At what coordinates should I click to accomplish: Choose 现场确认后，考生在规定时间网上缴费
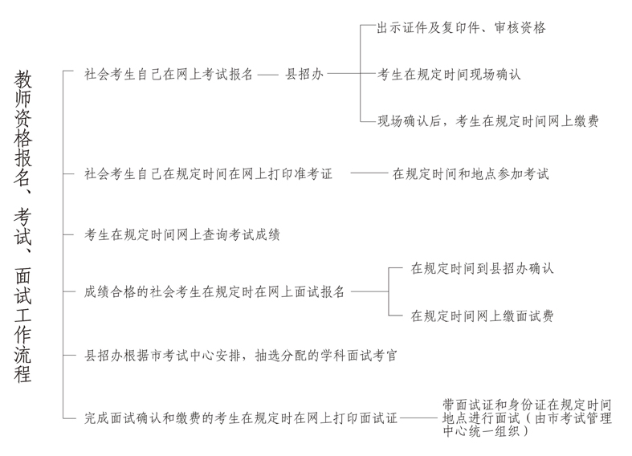pyautogui.click(x=488, y=121)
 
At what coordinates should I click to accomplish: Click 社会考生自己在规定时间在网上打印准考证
pyautogui.click(x=208, y=173)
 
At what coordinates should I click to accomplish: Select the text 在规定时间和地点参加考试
pyautogui.click(x=471, y=173)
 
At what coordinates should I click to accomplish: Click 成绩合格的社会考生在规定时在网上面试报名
pyautogui.click(x=214, y=292)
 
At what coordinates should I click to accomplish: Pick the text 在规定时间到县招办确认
pyautogui.click(x=482, y=269)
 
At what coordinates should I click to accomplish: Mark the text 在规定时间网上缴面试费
pyautogui.click(x=482, y=316)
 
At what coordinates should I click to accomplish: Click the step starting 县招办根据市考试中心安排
pyautogui.click(x=240, y=354)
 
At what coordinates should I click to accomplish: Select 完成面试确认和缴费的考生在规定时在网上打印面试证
pyautogui.click(x=241, y=417)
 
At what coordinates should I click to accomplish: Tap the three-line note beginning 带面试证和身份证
pyautogui.click(x=526, y=417)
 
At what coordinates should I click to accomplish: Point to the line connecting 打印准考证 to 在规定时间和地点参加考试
pyautogui.click(x=369, y=173)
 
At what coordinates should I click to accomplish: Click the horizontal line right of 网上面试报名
pyautogui.click(x=369, y=292)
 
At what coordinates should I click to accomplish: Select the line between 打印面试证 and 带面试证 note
pyautogui.click(x=418, y=417)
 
